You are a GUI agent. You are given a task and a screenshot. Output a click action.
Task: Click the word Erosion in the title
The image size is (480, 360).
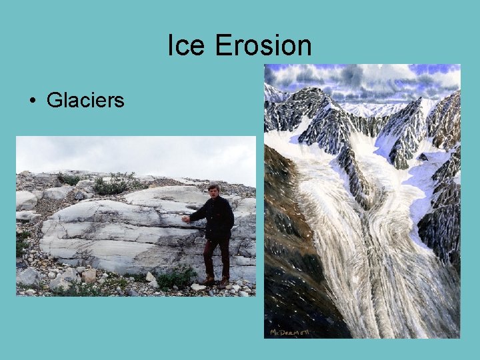[x=263, y=46]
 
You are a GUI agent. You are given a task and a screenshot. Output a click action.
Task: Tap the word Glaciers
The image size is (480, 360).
[x=85, y=101]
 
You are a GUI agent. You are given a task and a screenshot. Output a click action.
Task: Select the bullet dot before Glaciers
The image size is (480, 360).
[x=32, y=101]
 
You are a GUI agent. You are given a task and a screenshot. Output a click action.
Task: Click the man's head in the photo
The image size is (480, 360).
[x=214, y=190]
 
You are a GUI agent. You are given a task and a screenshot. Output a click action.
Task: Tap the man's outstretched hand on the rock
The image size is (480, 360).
[x=186, y=219]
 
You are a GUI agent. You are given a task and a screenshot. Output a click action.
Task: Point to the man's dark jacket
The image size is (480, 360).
[x=217, y=217]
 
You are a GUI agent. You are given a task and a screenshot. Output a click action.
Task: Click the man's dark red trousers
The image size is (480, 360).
[x=217, y=257]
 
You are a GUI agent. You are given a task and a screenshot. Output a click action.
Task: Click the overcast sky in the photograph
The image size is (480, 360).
[x=133, y=153]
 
